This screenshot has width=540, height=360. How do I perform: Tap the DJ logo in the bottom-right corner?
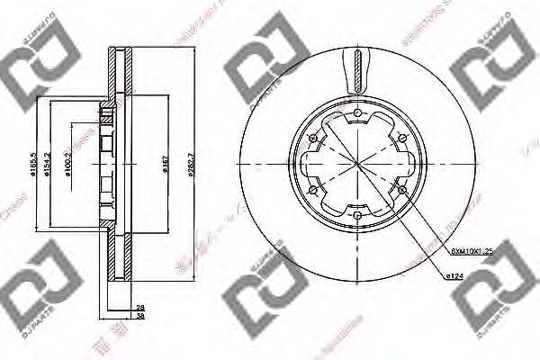coord(494,290)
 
